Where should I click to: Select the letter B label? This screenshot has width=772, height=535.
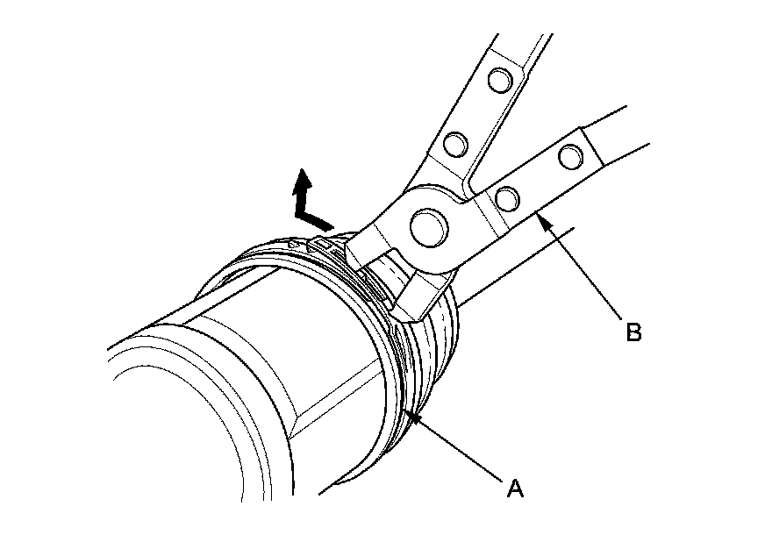click(633, 332)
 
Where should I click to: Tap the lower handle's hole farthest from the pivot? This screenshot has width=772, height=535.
click(569, 157)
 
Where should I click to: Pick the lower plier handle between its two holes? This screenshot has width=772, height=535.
click(537, 178)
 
